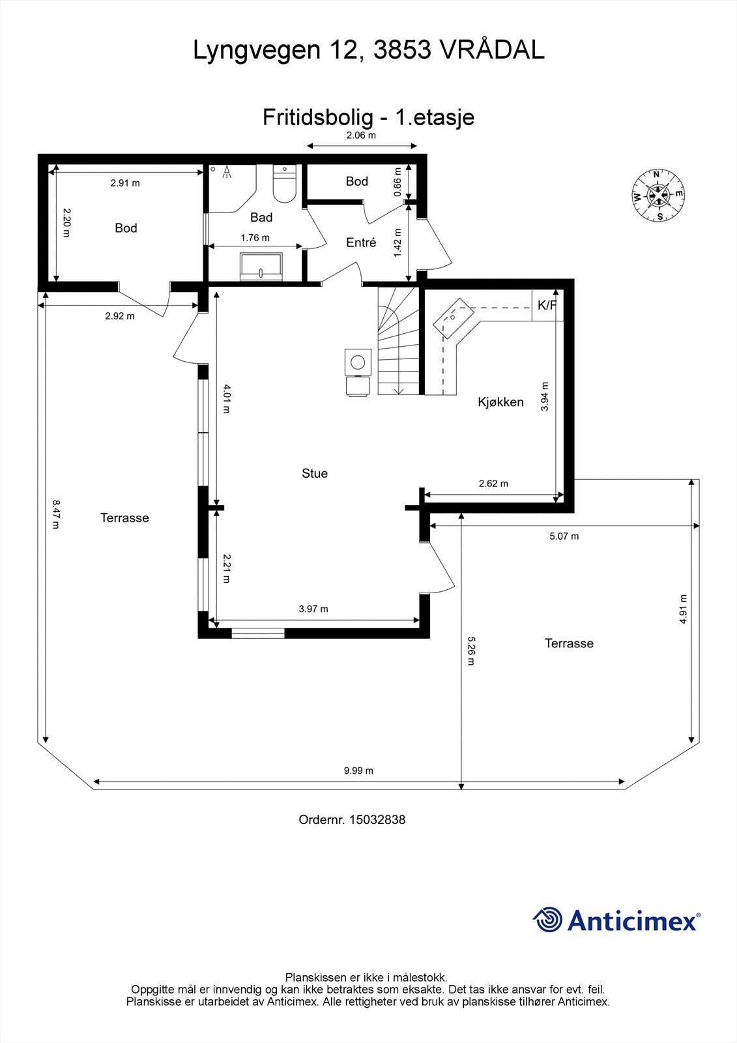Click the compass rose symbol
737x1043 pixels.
click(658, 195)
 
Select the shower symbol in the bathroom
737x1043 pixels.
click(227, 172)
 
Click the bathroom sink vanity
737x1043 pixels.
click(261, 267)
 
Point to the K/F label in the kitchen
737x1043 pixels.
click(547, 306)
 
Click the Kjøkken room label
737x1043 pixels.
click(500, 402)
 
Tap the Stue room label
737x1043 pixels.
click(315, 473)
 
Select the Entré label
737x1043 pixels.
click(361, 242)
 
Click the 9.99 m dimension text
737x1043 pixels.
click(358, 771)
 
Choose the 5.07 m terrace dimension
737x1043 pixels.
click(564, 536)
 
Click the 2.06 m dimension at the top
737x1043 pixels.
click(361, 136)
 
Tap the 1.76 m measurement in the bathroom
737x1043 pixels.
click(255, 238)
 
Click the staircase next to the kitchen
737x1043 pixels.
click(398, 341)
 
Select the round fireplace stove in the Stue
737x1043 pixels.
click(358, 362)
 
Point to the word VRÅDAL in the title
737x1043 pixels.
click(492, 50)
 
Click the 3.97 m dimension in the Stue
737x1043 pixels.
click(313, 609)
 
